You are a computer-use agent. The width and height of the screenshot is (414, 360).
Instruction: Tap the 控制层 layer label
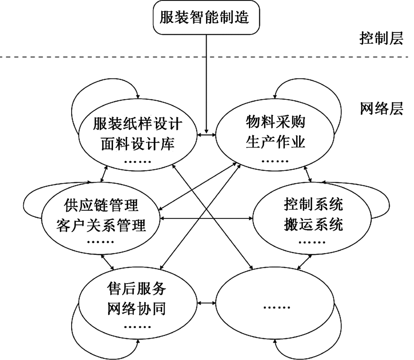381,38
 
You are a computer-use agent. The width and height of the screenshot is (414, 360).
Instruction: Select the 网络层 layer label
381,108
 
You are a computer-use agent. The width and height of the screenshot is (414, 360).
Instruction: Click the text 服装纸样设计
138,125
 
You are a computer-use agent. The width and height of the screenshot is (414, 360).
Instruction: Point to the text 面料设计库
138,144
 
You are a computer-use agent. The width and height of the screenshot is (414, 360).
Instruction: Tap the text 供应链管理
101,205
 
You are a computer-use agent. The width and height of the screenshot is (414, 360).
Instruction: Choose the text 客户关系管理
101,224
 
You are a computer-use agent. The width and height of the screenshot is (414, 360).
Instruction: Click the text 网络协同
136,309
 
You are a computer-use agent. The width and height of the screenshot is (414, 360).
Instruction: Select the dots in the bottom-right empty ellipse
276,306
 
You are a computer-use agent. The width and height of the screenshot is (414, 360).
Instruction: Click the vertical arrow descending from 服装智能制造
207,83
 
